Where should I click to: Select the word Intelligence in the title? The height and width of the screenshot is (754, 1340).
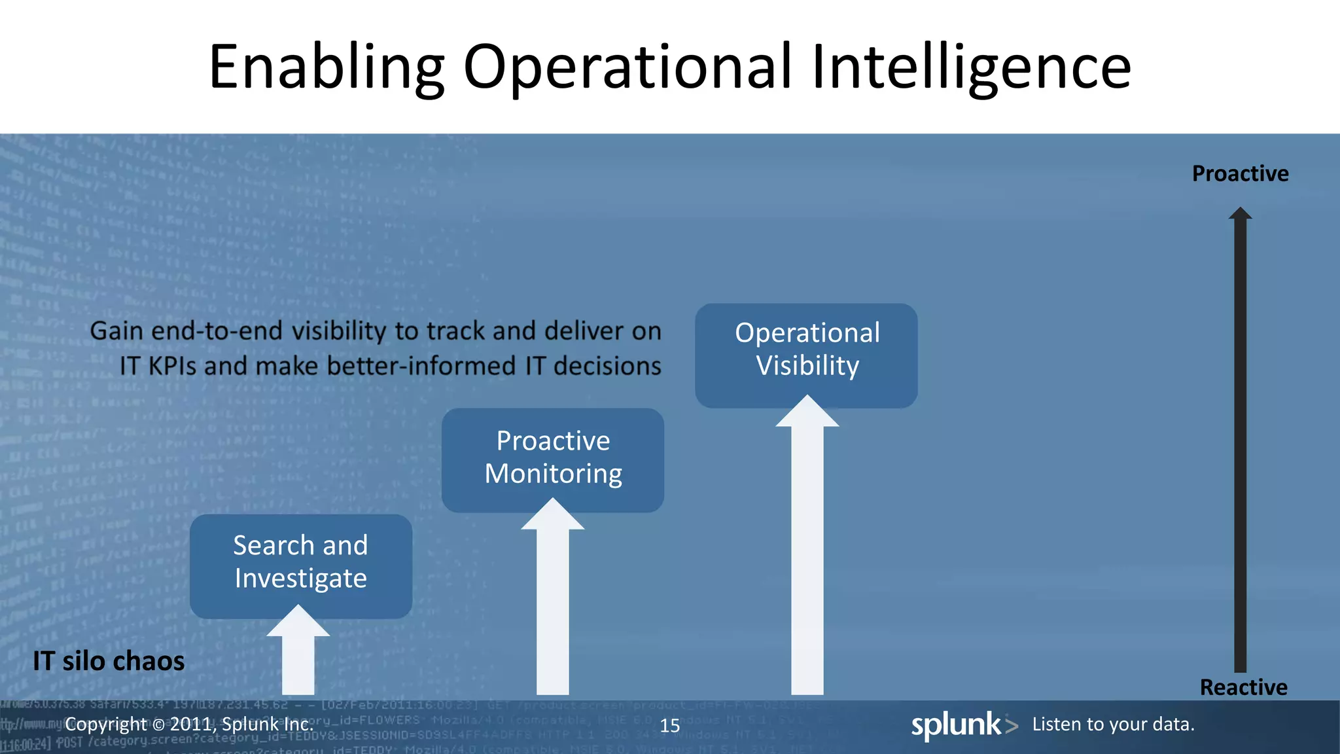tap(971, 67)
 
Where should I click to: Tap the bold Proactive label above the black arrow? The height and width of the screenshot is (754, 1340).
tap(1240, 173)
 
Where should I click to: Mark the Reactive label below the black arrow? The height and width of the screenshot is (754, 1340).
tap(1243, 687)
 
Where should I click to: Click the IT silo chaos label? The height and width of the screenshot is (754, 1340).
tap(109, 661)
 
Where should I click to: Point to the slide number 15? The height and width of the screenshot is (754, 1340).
tap(669, 725)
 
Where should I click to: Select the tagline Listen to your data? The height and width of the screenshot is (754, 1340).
tap(1113, 724)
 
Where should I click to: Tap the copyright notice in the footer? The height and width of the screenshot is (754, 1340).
tap(189, 724)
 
